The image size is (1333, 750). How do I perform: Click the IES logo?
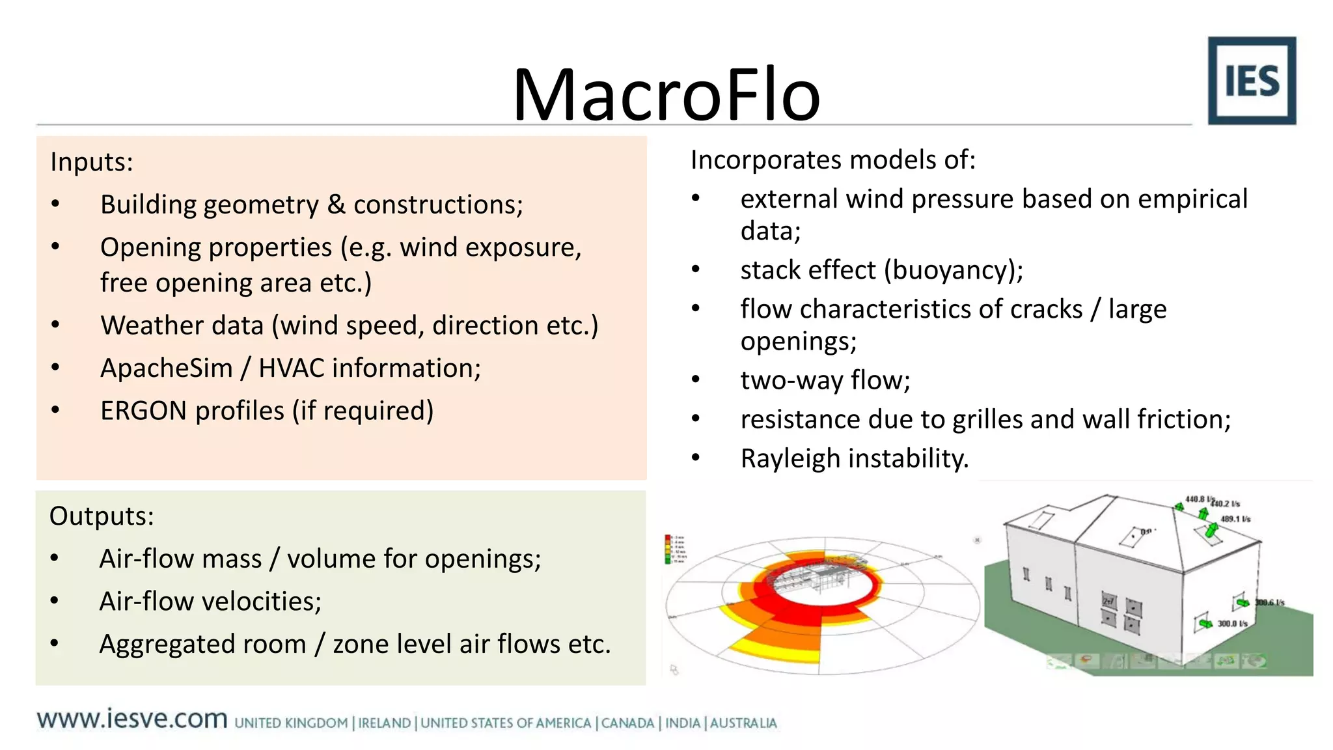coord(1251,81)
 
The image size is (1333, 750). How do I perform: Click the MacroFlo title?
coord(666,95)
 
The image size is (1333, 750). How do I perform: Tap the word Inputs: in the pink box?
coord(92,162)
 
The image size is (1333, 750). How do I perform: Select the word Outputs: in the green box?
coord(102,516)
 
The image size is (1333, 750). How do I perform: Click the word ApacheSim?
coord(166,368)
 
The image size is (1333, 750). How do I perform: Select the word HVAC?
coord(291,368)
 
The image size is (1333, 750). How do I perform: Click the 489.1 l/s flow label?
coord(1235,520)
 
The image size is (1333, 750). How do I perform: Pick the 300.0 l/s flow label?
coord(1232,624)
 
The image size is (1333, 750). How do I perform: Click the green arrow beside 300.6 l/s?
coord(1243,602)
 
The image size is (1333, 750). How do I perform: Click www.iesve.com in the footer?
coord(132,719)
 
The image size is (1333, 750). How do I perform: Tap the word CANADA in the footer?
coord(627,723)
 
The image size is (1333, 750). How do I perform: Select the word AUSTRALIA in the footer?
coord(743,723)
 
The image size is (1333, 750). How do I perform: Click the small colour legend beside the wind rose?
coord(674,549)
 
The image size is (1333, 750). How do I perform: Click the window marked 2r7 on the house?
coord(1108,601)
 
